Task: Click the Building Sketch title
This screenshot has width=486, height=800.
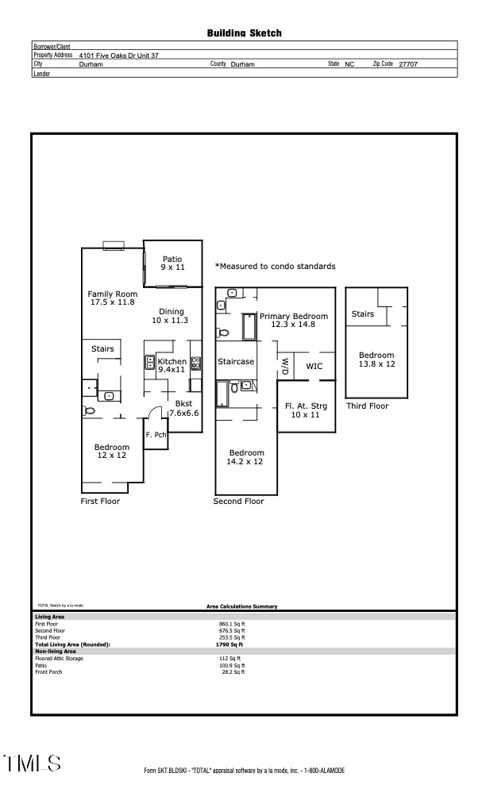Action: coord(244,33)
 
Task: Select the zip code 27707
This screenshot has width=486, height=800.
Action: coord(408,64)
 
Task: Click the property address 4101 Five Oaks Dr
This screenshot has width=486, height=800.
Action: coord(118,56)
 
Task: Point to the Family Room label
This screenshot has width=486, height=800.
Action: coord(112,298)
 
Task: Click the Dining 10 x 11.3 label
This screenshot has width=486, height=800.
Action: coord(169,316)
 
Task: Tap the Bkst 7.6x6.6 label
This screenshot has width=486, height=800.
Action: coord(183,408)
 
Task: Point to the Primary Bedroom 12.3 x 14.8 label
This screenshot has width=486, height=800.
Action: coord(293,319)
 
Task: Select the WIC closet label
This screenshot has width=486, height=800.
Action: coord(314,366)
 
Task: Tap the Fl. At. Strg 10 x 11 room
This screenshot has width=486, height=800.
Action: coord(306,410)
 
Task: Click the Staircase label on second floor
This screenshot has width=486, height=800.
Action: coord(236,361)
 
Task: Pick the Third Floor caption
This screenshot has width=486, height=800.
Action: coord(368,406)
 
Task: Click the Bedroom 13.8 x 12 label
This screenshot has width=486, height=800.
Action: coord(376,360)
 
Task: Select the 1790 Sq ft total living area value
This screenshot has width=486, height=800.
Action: coord(230,644)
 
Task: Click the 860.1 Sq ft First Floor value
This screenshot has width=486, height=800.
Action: coord(231,624)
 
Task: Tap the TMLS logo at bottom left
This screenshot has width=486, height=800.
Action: coord(33,763)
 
